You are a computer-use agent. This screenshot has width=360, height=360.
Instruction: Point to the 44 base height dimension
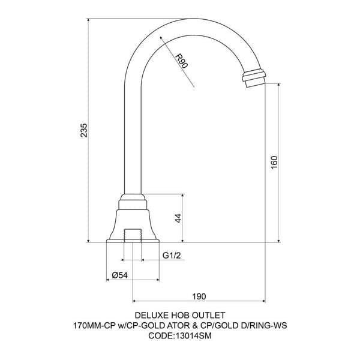178,218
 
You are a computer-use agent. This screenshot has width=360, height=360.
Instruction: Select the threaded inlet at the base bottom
132,235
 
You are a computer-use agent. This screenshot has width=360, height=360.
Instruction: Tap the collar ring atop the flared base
132,199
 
